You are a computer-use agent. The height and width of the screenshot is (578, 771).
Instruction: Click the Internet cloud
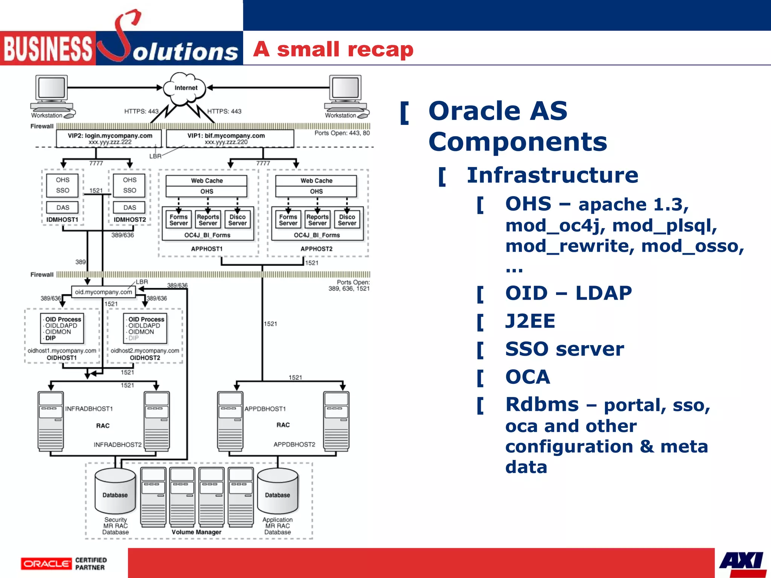[x=185, y=88]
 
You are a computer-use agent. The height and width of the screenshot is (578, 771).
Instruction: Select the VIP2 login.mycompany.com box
[x=109, y=138]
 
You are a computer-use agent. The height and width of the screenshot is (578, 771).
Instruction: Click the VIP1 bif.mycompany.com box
[x=230, y=138]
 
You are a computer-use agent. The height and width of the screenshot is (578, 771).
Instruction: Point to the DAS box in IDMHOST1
[x=62, y=207]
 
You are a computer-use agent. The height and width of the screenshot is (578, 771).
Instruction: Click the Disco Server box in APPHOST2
[x=347, y=220]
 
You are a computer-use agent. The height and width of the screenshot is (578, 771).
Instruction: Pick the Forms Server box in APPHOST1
[x=178, y=220]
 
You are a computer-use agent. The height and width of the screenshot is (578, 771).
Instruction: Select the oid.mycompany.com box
[x=103, y=292]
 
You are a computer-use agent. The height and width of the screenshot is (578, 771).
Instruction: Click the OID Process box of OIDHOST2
[x=145, y=329]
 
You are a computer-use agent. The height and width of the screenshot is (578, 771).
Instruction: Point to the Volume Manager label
[x=197, y=532]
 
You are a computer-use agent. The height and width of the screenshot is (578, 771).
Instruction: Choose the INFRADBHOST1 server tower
[x=50, y=421]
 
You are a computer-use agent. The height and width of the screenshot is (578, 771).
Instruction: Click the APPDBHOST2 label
[x=294, y=444]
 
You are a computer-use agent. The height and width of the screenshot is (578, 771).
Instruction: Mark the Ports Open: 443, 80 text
[x=342, y=133]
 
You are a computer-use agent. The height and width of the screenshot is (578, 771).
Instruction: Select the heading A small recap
[x=333, y=49]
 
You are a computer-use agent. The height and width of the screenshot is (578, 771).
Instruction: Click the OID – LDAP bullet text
[x=568, y=293]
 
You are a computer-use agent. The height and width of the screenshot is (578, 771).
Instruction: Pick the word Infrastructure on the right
[x=552, y=175]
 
